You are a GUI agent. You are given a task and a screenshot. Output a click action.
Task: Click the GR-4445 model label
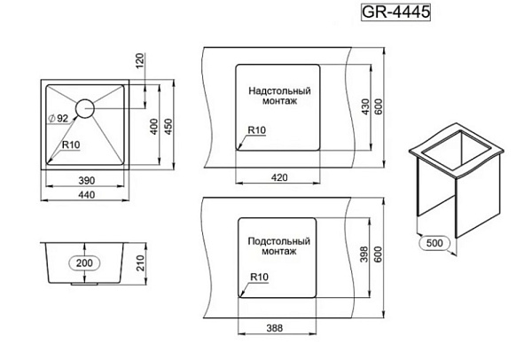coord(395,12)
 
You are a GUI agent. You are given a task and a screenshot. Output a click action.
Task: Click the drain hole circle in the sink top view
coord(85,108)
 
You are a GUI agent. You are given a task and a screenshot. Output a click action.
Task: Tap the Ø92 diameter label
coord(59,119)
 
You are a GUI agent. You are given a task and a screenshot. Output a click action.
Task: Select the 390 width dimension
coord(87,181)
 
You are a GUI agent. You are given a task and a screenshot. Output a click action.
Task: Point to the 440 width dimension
coord(87,195)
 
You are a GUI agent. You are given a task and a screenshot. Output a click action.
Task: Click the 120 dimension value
coord(140,61)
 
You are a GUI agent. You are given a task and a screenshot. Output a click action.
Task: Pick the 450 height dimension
coord(168,127)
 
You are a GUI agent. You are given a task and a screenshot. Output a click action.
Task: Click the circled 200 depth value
coord(84,263)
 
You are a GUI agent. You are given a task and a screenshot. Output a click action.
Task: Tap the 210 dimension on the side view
coord(140,263)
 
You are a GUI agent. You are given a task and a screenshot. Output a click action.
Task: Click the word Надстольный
coord(279,91)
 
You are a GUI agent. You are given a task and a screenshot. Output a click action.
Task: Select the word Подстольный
coord(279,241)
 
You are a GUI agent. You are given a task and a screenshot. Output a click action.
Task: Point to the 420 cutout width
coord(279,177)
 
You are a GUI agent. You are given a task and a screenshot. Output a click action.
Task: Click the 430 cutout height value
coord(365,106)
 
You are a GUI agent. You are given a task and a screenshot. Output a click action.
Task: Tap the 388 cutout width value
coord(275,328)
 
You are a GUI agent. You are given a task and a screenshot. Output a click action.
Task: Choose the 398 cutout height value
coord(364,254)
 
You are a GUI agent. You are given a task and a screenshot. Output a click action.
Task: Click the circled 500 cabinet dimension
coord(434,243)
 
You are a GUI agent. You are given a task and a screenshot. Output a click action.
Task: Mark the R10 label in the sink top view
coord(71,145)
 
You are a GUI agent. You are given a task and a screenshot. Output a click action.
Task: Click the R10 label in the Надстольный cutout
coord(257,130)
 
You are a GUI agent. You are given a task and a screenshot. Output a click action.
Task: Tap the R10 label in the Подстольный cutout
coord(259,277)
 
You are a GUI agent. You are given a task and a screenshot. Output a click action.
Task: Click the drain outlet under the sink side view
coord(84,284)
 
